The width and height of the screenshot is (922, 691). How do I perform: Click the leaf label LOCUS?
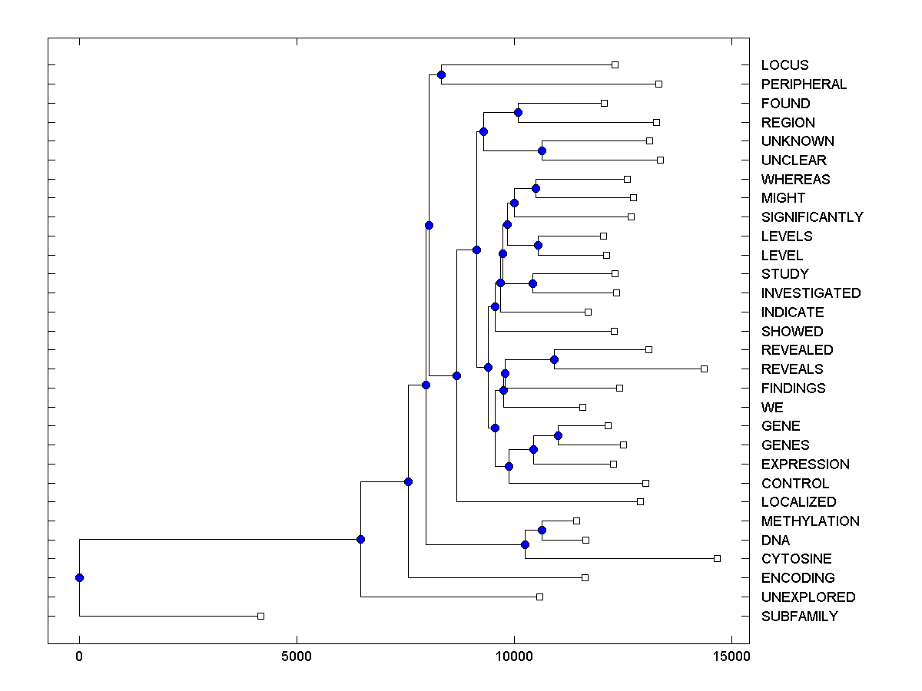[x=784, y=65]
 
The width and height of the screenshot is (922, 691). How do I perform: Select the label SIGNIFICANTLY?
[x=812, y=217]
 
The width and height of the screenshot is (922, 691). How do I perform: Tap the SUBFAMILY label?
[x=799, y=617]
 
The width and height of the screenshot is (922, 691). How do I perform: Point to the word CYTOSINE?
[x=796, y=559]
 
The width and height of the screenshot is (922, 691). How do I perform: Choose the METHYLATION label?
[x=810, y=521]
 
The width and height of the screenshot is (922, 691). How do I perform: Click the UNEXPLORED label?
[x=808, y=597]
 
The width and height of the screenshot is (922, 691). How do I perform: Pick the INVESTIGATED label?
[x=811, y=293]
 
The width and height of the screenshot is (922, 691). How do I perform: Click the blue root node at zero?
[x=79, y=577]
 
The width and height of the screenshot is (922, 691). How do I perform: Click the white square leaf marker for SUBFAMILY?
[x=260, y=616]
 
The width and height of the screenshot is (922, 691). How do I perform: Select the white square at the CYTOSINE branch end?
[x=717, y=558]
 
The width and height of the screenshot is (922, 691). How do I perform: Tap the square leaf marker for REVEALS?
[x=704, y=369]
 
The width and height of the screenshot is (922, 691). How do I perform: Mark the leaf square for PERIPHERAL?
[x=658, y=84]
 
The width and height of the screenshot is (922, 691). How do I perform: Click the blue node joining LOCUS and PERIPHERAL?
[x=441, y=74]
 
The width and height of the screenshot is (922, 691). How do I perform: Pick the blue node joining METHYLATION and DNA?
[x=542, y=530]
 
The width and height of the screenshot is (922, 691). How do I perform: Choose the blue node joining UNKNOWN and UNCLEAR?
[x=542, y=150]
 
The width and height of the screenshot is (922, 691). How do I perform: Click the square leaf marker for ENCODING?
[x=585, y=577]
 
